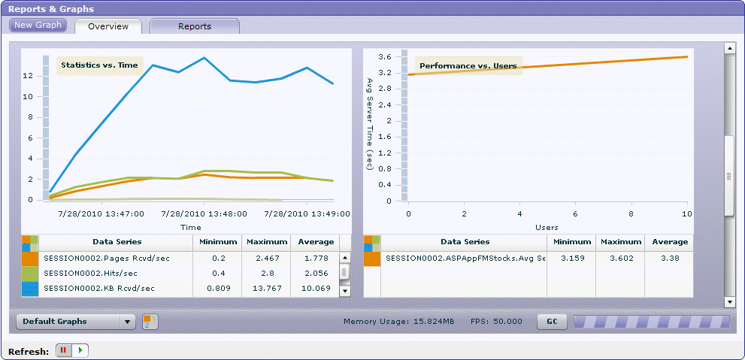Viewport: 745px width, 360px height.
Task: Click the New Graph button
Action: tap(38, 25)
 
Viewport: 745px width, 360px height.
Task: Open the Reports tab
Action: tap(195, 26)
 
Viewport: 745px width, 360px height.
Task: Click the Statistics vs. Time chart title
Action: tap(99, 65)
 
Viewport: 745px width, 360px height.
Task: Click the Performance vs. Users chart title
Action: tap(468, 66)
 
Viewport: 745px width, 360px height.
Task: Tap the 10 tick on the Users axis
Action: tap(686, 214)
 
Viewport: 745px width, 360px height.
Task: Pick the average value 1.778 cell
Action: tap(316, 258)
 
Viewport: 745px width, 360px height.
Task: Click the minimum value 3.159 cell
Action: tap(571, 258)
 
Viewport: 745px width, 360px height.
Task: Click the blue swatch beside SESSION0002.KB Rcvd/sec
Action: tap(30, 289)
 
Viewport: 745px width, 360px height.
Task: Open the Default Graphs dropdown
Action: tap(75, 322)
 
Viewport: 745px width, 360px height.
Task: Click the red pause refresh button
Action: tap(64, 350)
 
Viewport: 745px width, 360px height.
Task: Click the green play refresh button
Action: tap(80, 350)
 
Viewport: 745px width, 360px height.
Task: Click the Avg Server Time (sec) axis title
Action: tap(370, 123)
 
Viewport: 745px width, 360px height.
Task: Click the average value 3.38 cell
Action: tap(670, 258)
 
